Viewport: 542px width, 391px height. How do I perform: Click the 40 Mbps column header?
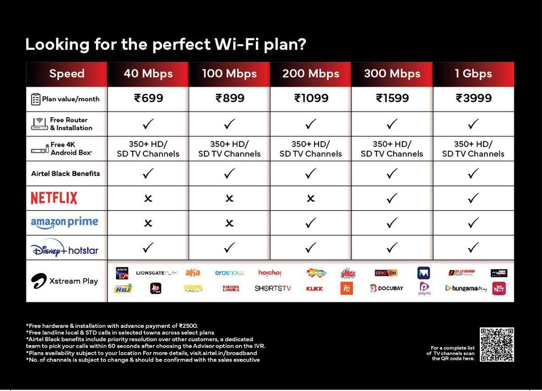coord(148,74)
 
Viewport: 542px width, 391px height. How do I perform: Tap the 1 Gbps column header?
coord(473,74)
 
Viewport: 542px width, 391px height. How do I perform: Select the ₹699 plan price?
coord(148,98)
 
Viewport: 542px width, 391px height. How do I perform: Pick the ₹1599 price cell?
coord(392,98)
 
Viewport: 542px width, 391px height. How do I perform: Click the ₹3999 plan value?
coord(473,98)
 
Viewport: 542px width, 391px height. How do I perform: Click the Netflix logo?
coord(54,198)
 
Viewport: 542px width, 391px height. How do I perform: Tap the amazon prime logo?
coord(65,223)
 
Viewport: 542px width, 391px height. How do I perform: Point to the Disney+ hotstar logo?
coord(65,249)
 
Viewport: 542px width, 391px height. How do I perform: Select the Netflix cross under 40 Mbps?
coord(148,198)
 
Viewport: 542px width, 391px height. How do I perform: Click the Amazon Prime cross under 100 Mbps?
coord(229,223)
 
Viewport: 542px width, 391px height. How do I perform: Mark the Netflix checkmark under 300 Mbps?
coord(392,198)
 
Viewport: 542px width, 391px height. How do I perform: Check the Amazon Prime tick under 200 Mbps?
coord(311,223)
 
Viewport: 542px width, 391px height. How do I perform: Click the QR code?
coord(497,344)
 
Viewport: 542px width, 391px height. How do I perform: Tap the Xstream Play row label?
coord(65,281)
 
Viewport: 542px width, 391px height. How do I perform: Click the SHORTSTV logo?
coord(273,288)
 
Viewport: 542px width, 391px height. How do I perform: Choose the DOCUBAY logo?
coord(387,288)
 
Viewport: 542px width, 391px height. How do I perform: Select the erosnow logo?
coord(229,273)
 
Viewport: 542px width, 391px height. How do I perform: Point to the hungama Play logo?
coord(466,288)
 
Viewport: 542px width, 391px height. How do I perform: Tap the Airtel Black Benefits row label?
coord(65,174)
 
